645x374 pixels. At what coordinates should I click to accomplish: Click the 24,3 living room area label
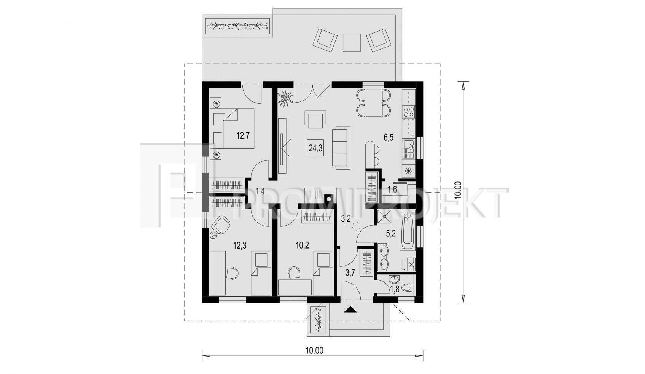pyautogui.click(x=315, y=148)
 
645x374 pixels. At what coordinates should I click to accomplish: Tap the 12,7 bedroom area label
pyautogui.click(x=243, y=135)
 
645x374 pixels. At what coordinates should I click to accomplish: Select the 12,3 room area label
pyautogui.click(x=240, y=246)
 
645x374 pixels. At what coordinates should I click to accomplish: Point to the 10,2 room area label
pyautogui.click(x=303, y=245)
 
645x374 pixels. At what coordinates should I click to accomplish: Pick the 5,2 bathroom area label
pyautogui.click(x=391, y=233)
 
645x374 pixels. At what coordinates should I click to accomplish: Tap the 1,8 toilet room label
pyautogui.click(x=395, y=289)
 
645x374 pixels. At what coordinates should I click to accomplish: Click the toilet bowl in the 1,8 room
pyautogui.click(x=407, y=287)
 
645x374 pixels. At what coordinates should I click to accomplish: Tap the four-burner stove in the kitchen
pyautogui.click(x=409, y=112)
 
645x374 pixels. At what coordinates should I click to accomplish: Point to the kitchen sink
pyautogui.click(x=409, y=149)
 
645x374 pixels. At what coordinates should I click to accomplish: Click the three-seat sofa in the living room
pyautogui.click(x=341, y=148)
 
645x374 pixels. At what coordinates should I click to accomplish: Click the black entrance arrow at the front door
pyautogui.click(x=350, y=310)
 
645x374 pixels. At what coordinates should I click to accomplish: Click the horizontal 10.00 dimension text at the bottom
pyautogui.click(x=314, y=351)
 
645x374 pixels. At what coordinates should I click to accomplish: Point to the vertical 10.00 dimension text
pyautogui.click(x=458, y=190)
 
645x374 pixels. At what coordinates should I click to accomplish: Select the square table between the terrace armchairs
pyautogui.click(x=352, y=42)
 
